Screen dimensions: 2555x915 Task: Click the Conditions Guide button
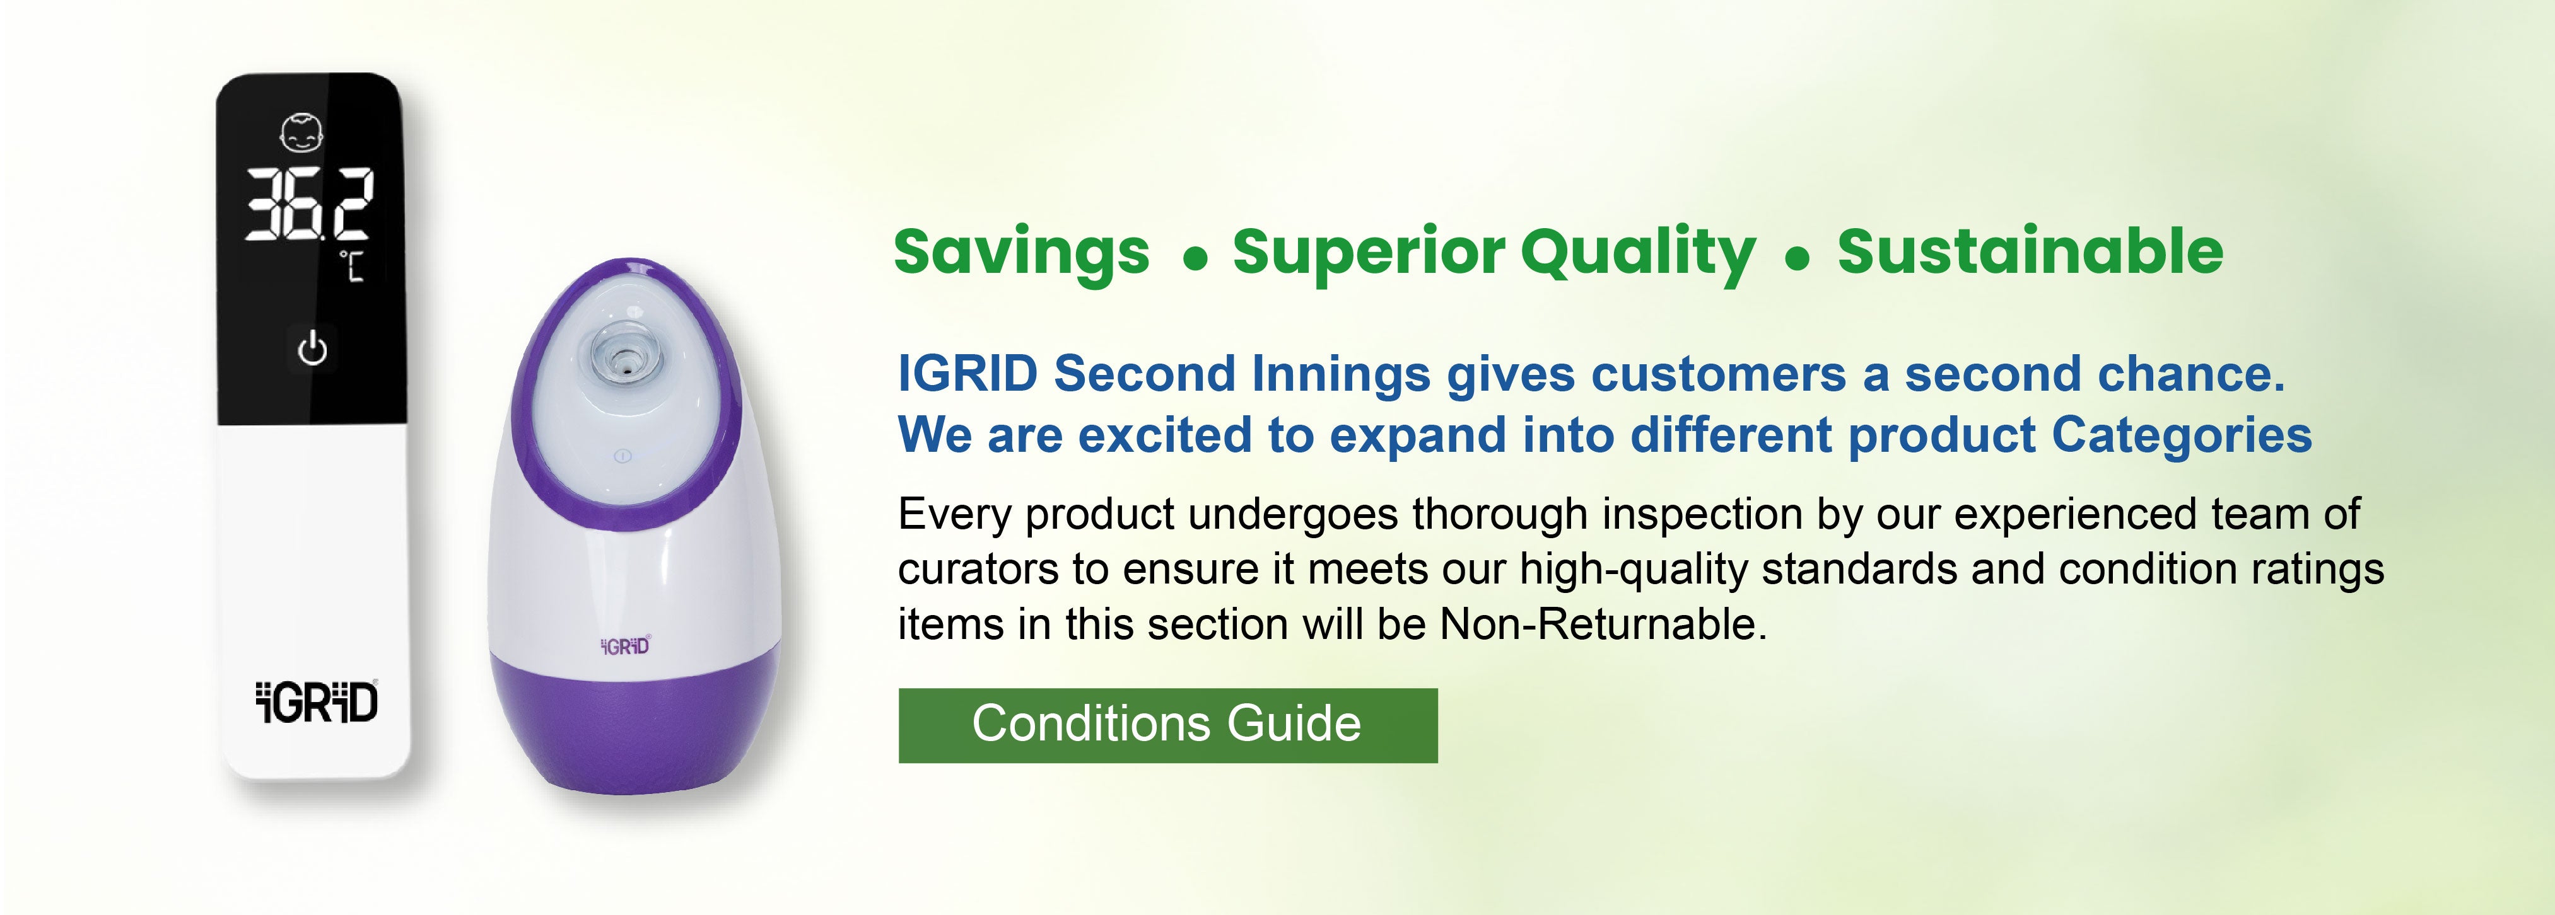click(x=1167, y=725)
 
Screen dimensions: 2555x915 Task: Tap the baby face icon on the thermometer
click(x=301, y=134)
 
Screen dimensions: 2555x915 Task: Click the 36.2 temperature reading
click(x=310, y=203)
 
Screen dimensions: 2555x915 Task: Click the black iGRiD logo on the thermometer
click(x=317, y=702)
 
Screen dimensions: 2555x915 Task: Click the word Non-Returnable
click(x=1603, y=624)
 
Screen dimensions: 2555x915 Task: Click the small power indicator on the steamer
click(x=623, y=456)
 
